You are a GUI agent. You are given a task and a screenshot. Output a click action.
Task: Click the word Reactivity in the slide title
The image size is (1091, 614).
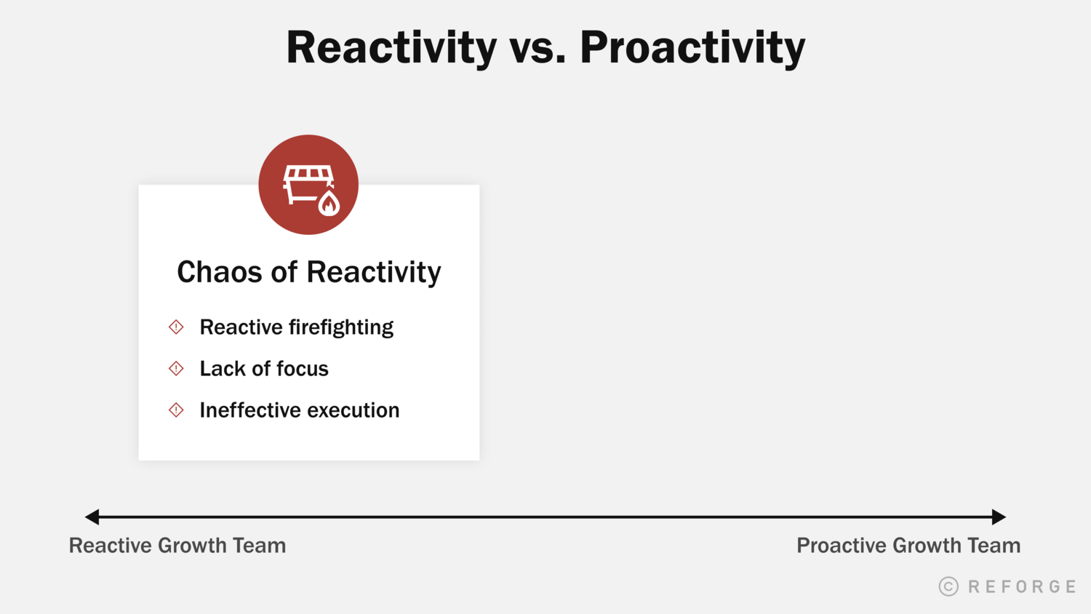pos(391,48)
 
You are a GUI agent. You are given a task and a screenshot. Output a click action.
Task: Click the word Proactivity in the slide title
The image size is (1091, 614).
pos(692,48)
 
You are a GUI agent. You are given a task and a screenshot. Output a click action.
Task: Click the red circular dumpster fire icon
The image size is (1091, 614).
pos(308,185)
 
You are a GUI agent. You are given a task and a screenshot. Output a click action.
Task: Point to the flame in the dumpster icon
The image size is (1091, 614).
pos(329,204)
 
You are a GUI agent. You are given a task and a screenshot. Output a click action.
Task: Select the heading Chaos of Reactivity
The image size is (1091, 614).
pos(309,272)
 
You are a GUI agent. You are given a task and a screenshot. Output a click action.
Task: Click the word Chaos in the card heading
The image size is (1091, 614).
pos(219,272)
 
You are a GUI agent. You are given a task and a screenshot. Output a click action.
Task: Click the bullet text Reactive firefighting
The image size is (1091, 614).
pos(296,327)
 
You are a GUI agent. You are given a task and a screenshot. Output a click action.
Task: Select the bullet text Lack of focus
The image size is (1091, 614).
pos(264,369)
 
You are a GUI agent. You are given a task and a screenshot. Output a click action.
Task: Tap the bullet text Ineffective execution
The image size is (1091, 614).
pos(299,410)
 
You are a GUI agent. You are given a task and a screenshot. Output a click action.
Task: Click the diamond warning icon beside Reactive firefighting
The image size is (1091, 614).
pos(176,327)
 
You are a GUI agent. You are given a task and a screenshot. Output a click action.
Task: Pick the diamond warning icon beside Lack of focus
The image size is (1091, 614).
pos(176,369)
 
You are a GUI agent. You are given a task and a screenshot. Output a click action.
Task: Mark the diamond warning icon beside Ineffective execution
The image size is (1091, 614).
pos(176,410)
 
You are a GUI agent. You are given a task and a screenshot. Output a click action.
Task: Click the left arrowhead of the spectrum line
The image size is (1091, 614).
pos(92,517)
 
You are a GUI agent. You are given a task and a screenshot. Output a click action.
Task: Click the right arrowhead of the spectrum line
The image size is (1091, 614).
pos(999,517)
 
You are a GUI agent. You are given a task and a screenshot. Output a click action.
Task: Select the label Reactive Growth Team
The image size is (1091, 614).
pos(177,546)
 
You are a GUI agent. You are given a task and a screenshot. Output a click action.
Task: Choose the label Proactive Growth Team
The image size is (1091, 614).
pos(908,546)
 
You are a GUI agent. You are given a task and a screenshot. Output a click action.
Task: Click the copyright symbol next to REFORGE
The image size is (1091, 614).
pos(948,586)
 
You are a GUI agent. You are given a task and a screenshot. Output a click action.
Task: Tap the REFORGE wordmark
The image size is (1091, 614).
pos(1022,586)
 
